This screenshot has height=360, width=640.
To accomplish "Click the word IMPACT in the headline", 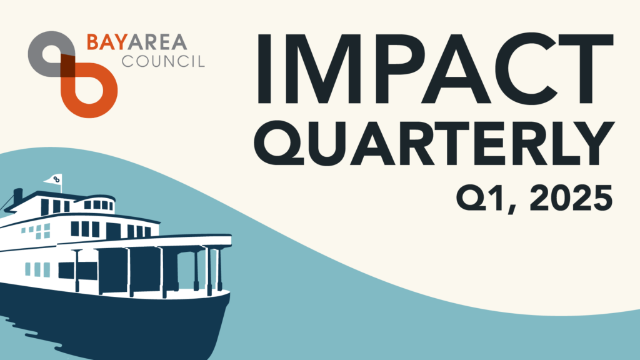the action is tap(434, 68).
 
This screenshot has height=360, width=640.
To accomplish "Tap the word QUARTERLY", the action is tap(434, 143).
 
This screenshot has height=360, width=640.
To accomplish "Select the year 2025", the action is tap(571, 197).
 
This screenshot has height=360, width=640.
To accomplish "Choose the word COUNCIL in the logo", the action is tap(163, 61).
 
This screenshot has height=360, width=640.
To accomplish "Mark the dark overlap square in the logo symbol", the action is tap(68, 66).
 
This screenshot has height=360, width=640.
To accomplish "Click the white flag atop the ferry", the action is tap(54, 179).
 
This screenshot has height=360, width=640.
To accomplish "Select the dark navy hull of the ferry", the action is tap(114, 322).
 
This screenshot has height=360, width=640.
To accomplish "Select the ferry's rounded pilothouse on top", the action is tap(98, 204).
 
